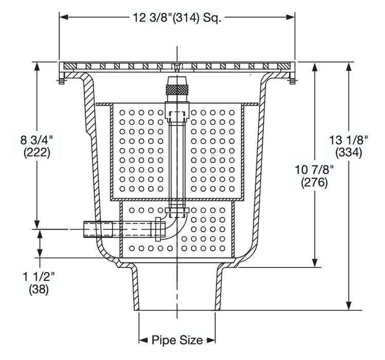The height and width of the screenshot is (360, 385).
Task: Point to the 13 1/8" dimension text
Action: [x=349, y=139]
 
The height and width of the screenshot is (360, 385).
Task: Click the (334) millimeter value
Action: [x=349, y=152]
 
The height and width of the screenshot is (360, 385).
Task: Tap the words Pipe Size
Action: [x=177, y=340]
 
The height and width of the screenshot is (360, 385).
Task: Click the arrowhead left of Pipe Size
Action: [x=142, y=340]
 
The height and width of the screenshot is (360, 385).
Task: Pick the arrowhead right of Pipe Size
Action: [x=211, y=340]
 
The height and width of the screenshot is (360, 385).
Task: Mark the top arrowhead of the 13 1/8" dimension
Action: [x=349, y=66]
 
